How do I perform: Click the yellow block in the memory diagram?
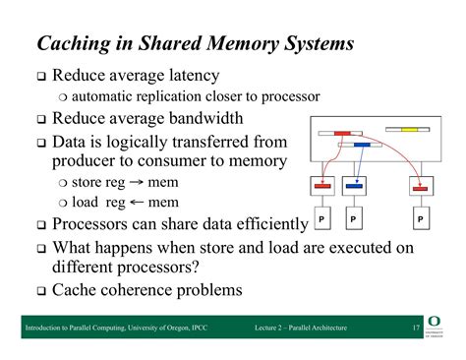click(409, 129)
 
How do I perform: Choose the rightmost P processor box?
click(421, 215)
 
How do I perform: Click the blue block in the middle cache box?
click(354, 184)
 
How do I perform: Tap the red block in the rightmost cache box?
click(421, 184)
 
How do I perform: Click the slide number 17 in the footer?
click(416, 328)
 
